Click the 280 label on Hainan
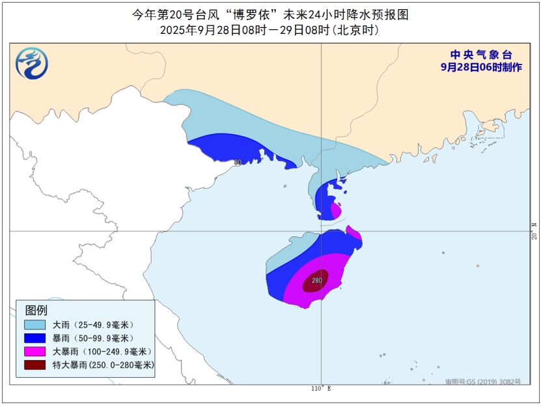click(x=317, y=281)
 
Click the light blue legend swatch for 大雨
click(x=35, y=324)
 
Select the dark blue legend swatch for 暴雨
click(x=35, y=338)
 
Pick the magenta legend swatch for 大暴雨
click(x=35, y=352)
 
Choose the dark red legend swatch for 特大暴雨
click(x=35, y=365)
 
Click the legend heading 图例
click(x=36, y=310)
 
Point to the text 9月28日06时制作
click(x=480, y=67)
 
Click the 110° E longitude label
click(x=320, y=389)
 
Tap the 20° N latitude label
click(x=534, y=231)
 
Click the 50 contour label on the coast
click(x=237, y=162)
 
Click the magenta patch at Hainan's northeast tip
click(x=355, y=233)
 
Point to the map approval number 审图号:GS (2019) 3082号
click(x=479, y=382)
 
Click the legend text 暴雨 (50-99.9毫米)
click(x=92, y=338)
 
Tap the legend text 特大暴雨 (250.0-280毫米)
click(x=103, y=365)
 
